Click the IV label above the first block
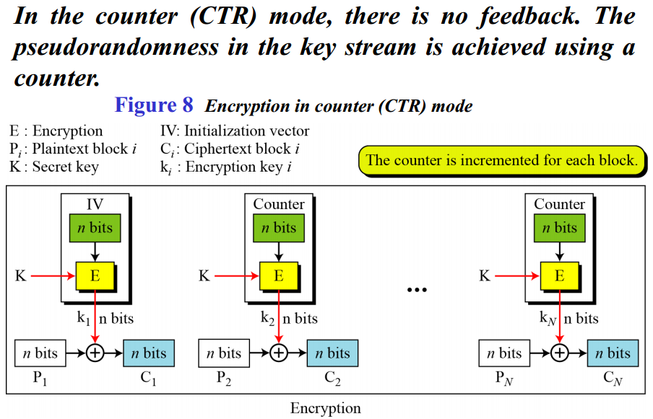point(95,204)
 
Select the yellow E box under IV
point(95,275)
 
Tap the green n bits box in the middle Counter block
point(279,229)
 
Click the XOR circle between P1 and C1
point(95,353)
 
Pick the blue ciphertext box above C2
point(332,353)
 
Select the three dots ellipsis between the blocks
point(417,290)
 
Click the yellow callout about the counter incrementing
point(501,160)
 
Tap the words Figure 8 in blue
point(154,105)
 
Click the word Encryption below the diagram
point(325,408)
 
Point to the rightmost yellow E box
point(559,275)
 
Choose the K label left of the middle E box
point(204,275)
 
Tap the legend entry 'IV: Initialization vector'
point(234,131)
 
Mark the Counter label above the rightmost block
point(559,204)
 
